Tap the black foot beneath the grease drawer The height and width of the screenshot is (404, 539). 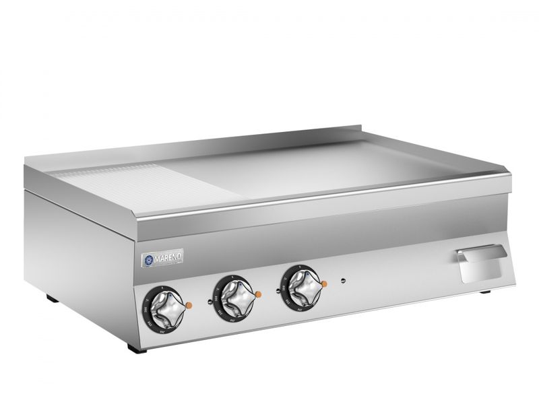(485, 292)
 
